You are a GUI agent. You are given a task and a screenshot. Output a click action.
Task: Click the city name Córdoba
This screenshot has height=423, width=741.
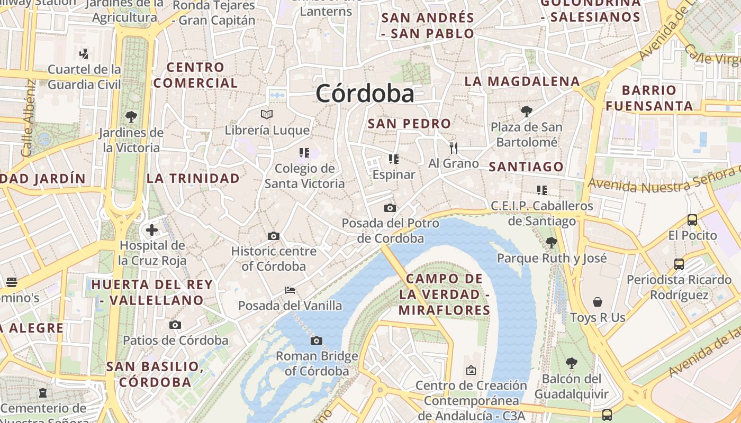[x=365, y=94]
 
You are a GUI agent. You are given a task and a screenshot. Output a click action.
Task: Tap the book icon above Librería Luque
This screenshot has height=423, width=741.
[x=267, y=114]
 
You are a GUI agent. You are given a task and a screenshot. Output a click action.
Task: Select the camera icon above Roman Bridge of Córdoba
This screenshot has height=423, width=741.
[x=317, y=341]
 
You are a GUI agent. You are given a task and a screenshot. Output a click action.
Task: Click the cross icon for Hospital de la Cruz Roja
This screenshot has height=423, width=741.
[x=152, y=230]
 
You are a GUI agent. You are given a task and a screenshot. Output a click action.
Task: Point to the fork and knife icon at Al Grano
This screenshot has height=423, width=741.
[x=453, y=148]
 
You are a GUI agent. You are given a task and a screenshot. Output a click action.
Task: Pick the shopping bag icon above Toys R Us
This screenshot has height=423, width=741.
[x=598, y=302]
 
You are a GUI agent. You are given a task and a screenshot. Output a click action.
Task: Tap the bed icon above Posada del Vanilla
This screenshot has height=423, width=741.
[x=290, y=290]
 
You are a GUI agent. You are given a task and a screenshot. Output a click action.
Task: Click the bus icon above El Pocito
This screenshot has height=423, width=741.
[x=692, y=219]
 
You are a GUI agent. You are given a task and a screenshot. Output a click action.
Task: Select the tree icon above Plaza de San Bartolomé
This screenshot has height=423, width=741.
[x=526, y=111]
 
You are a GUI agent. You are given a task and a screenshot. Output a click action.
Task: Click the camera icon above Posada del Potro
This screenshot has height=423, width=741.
[x=390, y=208]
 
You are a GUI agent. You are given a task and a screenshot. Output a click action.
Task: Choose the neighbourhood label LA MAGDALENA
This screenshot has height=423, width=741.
[x=522, y=81]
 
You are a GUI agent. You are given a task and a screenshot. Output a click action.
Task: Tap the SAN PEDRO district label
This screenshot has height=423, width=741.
[x=409, y=124]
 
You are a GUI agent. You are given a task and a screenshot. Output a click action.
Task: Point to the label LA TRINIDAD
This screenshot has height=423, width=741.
[x=193, y=178]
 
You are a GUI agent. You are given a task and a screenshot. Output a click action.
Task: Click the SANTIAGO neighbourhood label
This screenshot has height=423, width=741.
[x=526, y=167]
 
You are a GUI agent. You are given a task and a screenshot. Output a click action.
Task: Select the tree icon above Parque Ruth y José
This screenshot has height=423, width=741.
[x=551, y=242]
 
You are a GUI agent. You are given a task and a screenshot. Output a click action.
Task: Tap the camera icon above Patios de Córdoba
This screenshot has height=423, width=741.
[x=175, y=325]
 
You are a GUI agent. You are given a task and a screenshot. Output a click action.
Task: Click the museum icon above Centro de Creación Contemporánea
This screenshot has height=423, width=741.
[x=471, y=370]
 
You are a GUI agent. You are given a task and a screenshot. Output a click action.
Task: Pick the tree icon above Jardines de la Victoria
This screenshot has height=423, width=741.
[x=131, y=116]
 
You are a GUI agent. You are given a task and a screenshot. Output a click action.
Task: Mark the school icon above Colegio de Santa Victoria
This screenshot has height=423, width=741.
[x=304, y=153]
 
